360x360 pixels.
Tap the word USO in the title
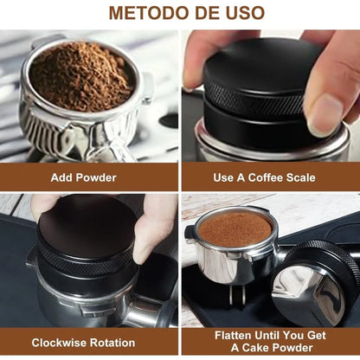242,14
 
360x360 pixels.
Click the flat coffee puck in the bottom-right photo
235,227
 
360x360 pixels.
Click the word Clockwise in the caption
61,342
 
